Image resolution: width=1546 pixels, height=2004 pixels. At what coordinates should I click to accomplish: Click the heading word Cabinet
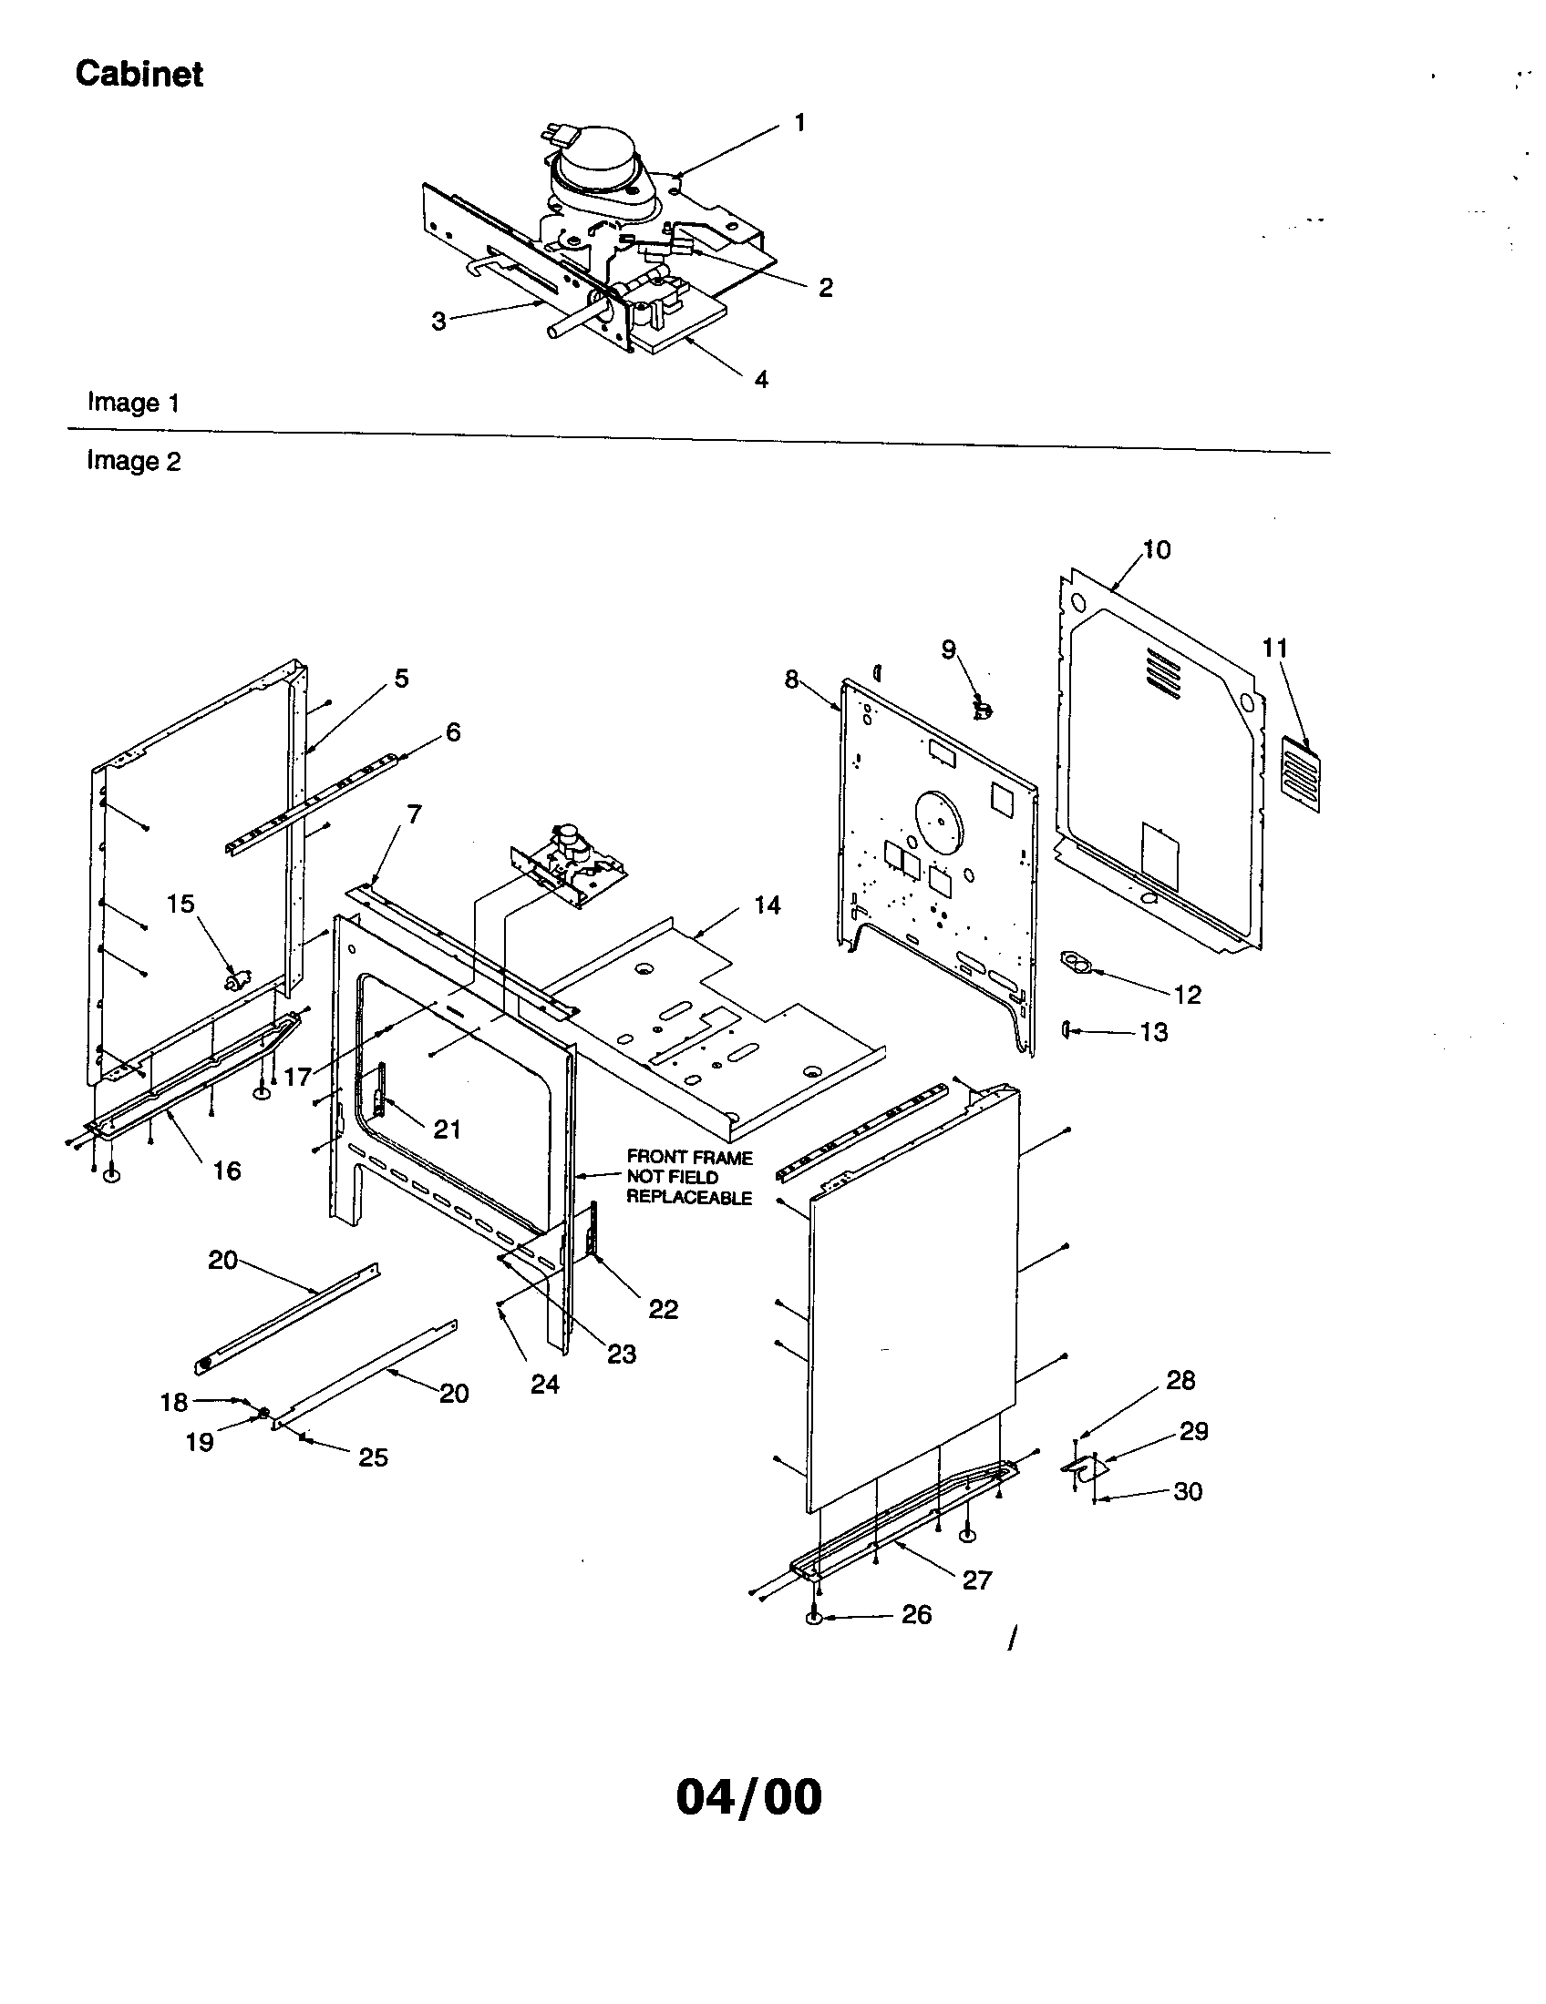click(x=139, y=75)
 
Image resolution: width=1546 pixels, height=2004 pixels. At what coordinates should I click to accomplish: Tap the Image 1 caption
click(x=133, y=403)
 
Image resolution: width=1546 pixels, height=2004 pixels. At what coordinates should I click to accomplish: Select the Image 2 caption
click(x=133, y=461)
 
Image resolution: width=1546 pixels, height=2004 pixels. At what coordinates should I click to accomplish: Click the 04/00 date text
click(x=748, y=1797)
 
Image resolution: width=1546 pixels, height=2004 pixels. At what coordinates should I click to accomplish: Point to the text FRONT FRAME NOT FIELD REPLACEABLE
click(x=688, y=1177)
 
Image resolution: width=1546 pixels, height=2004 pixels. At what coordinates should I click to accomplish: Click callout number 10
click(x=1157, y=549)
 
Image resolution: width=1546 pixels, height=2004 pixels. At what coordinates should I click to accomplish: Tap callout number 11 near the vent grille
click(x=1274, y=649)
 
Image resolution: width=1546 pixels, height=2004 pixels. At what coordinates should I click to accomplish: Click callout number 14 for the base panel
click(x=767, y=905)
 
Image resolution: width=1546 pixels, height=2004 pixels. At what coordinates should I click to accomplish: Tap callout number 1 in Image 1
click(x=799, y=123)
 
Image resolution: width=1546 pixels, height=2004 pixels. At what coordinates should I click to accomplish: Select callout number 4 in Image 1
click(x=761, y=380)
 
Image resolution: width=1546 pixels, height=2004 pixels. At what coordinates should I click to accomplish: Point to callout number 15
click(x=180, y=904)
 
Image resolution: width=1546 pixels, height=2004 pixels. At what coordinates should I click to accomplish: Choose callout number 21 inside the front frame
click(x=447, y=1130)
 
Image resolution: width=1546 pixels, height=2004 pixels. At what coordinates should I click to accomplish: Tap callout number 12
click(x=1187, y=995)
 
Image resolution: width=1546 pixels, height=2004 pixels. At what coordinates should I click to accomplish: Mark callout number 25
click(x=373, y=1457)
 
